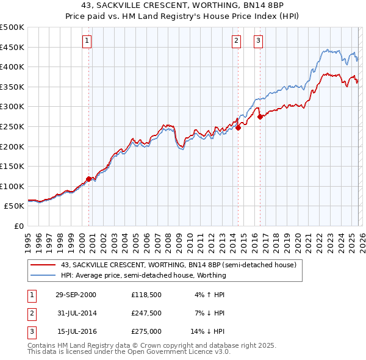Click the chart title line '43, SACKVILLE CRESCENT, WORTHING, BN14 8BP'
tap(183, 5)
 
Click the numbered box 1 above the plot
tap(87, 41)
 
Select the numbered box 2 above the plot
tap(236, 41)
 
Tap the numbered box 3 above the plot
tap(258, 41)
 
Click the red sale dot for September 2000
tap(89, 179)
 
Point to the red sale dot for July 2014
tap(239, 128)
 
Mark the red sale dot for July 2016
tap(260, 117)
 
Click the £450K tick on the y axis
tap(12, 47)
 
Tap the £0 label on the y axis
tap(18, 226)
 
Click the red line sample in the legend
tap(43, 265)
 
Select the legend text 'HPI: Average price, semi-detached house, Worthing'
tap(143, 275)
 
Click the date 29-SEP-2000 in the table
tap(76, 294)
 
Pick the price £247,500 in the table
tap(146, 313)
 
